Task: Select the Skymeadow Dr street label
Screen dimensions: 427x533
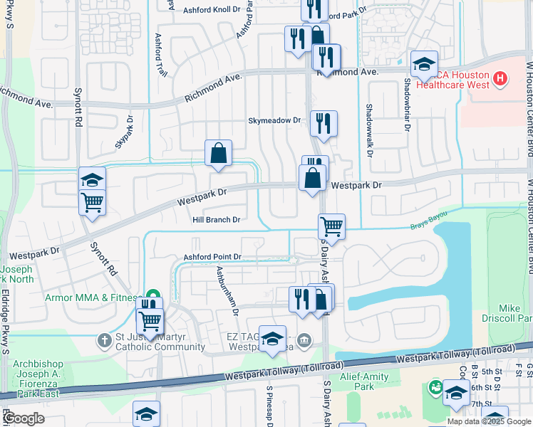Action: [275, 121]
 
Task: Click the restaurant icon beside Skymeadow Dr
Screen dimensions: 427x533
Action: [324, 123]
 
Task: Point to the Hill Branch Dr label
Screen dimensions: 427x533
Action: [216, 220]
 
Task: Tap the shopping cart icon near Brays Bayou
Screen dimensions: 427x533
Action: [332, 227]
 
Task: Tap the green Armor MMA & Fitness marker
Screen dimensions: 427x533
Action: [152, 296]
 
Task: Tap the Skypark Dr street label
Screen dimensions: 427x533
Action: [124, 132]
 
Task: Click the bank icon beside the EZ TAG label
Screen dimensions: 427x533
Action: [305, 340]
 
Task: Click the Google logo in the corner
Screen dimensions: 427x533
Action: [24, 418]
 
